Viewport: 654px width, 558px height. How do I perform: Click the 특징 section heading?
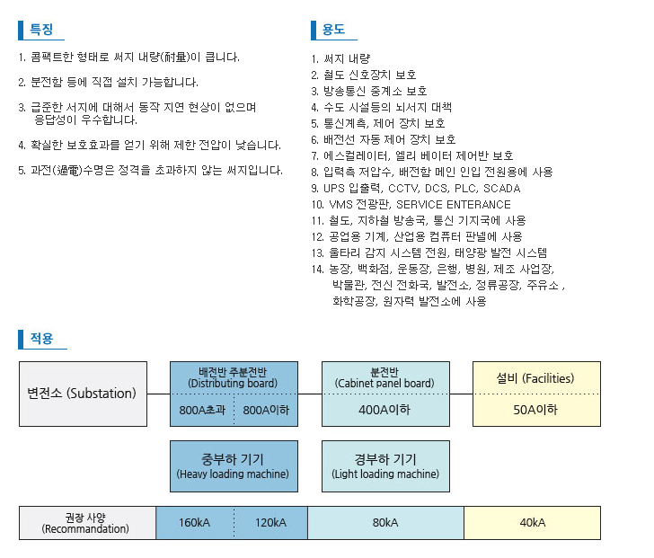(x=41, y=30)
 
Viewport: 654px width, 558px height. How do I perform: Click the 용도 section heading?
(x=332, y=30)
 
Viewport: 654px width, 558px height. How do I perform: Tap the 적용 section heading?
(x=41, y=339)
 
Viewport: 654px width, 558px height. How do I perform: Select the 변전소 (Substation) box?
(x=82, y=394)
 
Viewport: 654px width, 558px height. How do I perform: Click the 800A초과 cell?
(x=201, y=410)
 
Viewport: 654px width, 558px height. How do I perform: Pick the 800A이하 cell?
(x=266, y=410)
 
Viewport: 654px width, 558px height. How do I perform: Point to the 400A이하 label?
(x=384, y=410)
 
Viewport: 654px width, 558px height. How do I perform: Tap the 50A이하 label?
(x=535, y=410)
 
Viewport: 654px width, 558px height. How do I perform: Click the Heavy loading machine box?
(x=233, y=465)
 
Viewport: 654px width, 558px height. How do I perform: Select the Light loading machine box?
(x=384, y=465)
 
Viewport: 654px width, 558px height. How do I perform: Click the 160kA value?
(x=194, y=523)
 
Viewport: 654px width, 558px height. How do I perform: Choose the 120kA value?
(x=270, y=523)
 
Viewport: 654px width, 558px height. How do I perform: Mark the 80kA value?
(x=384, y=523)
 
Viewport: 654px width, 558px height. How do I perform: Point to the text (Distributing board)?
(x=233, y=384)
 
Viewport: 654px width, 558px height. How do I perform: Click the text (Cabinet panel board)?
(x=384, y=384)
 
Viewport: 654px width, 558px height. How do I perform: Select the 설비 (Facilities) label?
(x=535, y=377)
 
